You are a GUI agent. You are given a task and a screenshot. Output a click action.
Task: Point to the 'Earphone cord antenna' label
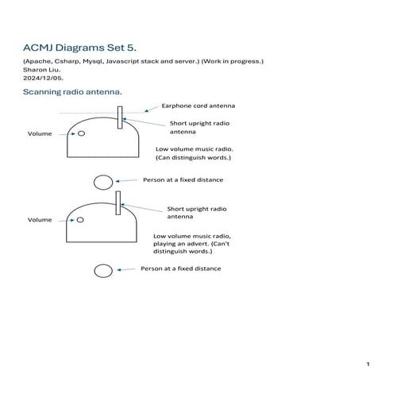(x=198, y=106)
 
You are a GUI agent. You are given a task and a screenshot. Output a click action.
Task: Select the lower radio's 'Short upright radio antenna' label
(x=196, y=213)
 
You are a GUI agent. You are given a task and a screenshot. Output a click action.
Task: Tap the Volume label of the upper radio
(x=40, y=134)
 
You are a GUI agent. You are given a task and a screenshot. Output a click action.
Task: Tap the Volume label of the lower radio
(x=40, y=219)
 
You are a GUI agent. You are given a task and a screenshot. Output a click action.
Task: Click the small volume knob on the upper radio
(x=81, y=133)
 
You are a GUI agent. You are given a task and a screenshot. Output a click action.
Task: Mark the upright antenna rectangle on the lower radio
(x=118, y=202)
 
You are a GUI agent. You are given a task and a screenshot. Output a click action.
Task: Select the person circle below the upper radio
(x=102, y=182)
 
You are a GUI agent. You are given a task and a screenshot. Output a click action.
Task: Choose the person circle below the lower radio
(x=102, y=271)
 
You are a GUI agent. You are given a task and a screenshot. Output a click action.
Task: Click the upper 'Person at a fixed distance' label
(x=183, y=180)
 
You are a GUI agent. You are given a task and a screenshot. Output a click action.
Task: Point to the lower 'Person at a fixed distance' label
(x=181, y=269)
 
